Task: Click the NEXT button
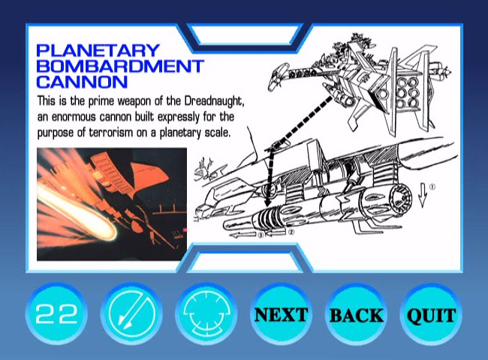281,314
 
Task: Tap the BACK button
357,314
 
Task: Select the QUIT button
432,314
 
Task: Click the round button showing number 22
56,314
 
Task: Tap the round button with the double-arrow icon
131,314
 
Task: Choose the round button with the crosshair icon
206,314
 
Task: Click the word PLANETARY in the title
98,51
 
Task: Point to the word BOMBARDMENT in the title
120,66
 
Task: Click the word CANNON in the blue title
82,82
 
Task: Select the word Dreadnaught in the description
214,101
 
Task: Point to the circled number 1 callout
432,187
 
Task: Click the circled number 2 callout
291,232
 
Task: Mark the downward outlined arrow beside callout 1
423,194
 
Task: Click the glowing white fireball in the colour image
78,211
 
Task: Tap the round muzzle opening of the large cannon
401,199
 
